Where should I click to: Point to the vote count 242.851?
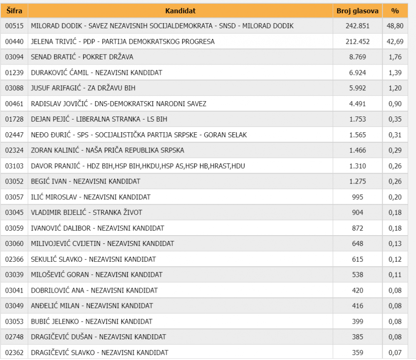(357, 26)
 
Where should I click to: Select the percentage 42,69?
(394, 41)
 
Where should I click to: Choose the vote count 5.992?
(357, 88)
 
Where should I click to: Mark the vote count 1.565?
(357, 134)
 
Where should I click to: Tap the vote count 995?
(357, 196)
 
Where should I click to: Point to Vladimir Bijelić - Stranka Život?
(87, 212)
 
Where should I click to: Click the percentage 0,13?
(394, 243)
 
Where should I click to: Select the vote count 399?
(357, 321)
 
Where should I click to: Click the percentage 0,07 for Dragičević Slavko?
(394, 352)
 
